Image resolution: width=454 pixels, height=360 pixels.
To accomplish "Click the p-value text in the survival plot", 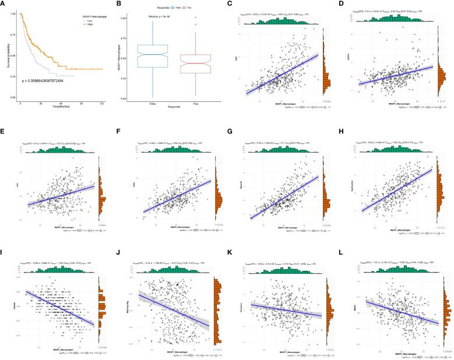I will [x=52, y=80].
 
